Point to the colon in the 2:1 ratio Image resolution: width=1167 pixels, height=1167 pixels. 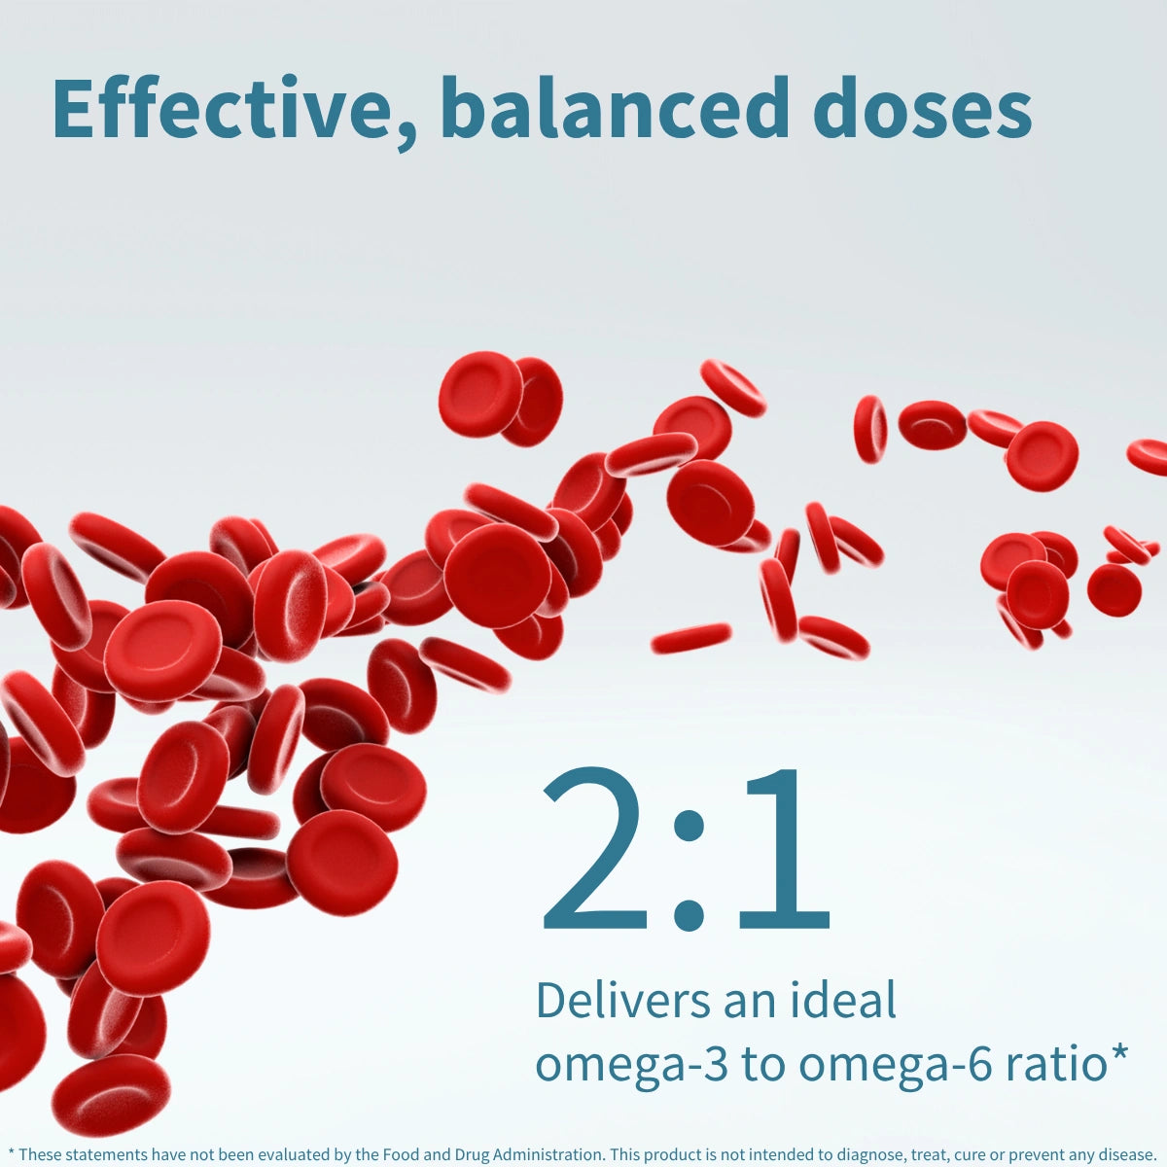(689, 869)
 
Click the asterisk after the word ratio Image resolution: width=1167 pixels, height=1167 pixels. (1118, 1053)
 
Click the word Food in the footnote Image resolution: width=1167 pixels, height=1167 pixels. (402, 1154)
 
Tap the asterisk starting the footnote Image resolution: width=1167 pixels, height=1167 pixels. (11, 1153)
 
